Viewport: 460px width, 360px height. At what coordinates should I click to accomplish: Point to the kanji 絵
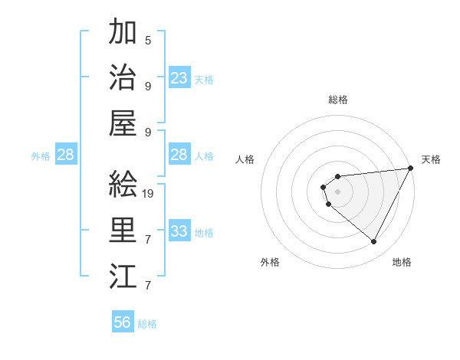pyautogui.click(x=123, y=184)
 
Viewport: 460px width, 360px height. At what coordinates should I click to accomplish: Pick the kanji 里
pyautogui.click(x=123, y=230)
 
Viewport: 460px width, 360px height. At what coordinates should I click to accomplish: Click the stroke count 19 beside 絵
pyautogui.click(x=149, y=193)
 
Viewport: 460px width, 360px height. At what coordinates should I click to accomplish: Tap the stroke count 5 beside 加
pyautogui.click(x=148, y=40)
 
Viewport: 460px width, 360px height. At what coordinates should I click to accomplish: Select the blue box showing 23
pyautogui.click(x=179, y=78)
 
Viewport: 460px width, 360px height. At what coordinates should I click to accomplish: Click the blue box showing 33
pyautogui.click(x=179, y=231)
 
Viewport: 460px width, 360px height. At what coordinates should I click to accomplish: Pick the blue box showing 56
pyautogui.click(x=123, y=322)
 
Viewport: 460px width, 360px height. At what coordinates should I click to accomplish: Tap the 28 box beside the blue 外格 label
pyautogui.click(x=65, y=155)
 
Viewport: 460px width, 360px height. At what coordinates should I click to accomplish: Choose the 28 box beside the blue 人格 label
pyautogui.click(x=179, y=155)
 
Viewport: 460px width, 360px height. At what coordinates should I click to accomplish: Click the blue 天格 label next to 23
pyautogui.click(x=204, y=79)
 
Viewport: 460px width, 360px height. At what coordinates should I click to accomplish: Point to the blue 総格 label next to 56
pyautogui.click(x=147, y=324)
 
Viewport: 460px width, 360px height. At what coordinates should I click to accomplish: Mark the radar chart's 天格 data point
pyautogui.click(x=410, y=169)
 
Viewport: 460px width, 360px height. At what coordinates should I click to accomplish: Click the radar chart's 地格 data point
pyautogui.click(x=373, y=242)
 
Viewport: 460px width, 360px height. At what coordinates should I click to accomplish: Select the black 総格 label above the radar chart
pyautogui.click(x=337, y=100)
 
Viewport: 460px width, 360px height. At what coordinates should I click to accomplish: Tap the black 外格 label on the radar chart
pyautogui.click(x=270, y=262)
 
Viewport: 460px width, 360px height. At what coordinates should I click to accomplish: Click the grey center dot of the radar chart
pyautogui.click(x=337, y=190)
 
